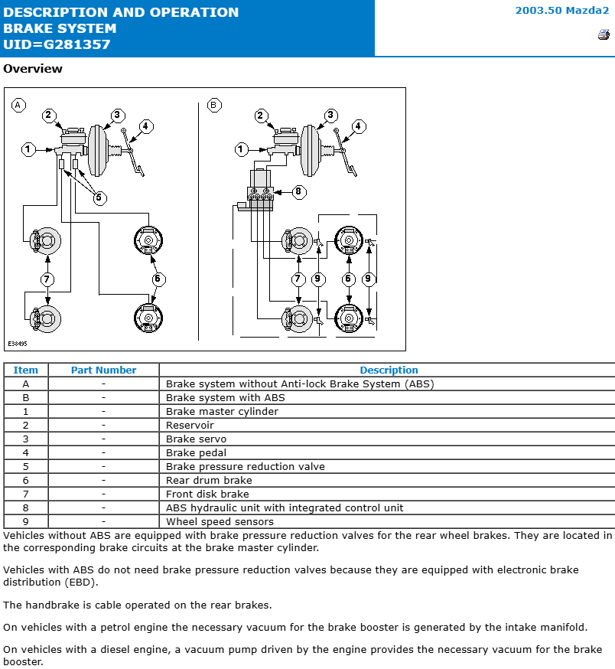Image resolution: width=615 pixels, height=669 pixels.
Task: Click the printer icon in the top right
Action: tap(603, 34)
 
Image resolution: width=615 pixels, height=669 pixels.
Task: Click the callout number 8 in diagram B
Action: tap(298, 191)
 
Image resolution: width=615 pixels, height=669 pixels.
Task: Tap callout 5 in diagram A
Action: tap(99, 197)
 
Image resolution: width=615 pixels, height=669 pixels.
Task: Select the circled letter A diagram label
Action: tap(18, 105)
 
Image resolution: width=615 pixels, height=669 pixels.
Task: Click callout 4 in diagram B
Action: tap(358, 126)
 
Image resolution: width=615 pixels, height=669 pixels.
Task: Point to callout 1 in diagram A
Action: tap(28, 149)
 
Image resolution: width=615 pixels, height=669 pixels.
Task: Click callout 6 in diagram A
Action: tap(158, 279)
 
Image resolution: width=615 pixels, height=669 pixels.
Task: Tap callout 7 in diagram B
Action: tap(298, 279)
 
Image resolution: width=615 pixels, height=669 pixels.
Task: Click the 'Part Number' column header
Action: tap(103, 370)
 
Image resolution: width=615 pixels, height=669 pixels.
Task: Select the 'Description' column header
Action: tap(389, 370)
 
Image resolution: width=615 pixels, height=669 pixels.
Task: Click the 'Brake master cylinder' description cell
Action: tap(222, 411)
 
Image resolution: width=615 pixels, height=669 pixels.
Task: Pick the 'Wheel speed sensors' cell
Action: tap(220, 521)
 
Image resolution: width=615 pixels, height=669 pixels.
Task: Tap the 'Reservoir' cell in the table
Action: tap(190, 425)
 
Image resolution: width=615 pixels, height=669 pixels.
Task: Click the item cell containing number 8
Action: tap(26, 507)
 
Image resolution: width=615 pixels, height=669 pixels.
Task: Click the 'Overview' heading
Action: tap(33, 69)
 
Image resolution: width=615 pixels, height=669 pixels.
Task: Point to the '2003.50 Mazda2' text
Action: tap(561, 11)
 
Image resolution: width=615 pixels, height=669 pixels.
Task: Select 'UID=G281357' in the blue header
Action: tap(57, 44)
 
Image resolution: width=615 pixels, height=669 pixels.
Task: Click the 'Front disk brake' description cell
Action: tap(207, 494)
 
